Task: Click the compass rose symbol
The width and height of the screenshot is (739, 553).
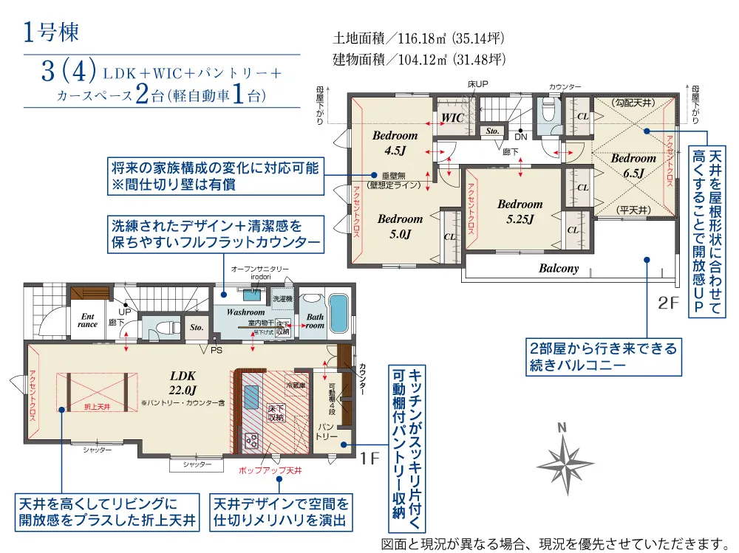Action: coord(565,458)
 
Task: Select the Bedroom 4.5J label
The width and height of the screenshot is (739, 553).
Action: coord(395,142)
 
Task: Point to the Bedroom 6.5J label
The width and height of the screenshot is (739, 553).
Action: coord(633,165)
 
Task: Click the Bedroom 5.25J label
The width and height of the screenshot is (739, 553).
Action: coord(520,211)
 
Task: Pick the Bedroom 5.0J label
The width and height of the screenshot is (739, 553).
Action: coord(400,226)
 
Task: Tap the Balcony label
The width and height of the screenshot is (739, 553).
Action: coord(559,269)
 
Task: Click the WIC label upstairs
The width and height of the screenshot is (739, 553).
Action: coord(452,118)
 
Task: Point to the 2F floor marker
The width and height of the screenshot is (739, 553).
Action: coord(668,303)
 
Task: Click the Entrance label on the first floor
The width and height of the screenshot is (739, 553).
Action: coord(87,320)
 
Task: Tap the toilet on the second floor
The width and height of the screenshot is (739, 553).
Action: coord(548,113)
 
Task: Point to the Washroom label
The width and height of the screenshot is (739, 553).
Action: coord(245,312)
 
